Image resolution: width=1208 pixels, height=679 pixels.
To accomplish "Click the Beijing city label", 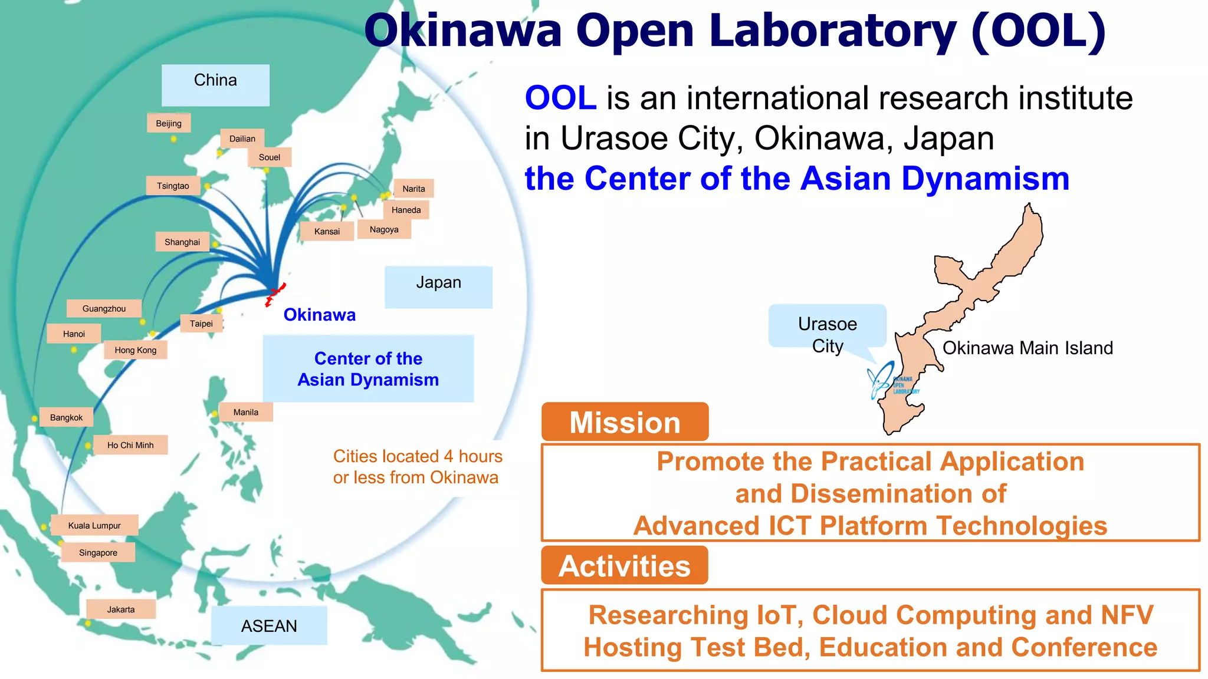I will pos(169,123).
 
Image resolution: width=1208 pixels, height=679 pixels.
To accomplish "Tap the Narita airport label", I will pos(413,189).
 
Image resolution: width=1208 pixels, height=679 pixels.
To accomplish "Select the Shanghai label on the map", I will pos(182,242).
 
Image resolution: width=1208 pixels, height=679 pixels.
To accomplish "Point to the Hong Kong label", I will pos(136,350).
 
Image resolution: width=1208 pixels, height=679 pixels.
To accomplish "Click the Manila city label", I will pos(245,412).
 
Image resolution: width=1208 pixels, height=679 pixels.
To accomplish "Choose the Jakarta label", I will pos(121,609).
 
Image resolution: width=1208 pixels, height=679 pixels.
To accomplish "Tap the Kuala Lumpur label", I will pos(94,525).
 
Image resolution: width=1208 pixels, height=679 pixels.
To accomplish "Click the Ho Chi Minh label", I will pos(130,445).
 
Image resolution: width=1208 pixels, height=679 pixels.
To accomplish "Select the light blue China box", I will pos(215,85).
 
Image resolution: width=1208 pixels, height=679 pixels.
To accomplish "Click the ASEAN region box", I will pos(269,625).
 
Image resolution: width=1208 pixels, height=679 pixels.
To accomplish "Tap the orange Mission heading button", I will pos(625,422).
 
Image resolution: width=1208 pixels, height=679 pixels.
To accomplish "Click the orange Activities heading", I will pos(625,566).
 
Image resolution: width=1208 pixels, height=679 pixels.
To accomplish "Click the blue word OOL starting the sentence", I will pos(560,98).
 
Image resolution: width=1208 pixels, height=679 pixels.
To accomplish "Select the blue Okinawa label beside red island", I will pos(319,315).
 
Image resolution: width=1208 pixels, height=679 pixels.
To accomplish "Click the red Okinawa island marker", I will pos(274,294).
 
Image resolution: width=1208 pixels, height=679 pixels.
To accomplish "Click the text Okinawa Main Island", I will pos(1028,348).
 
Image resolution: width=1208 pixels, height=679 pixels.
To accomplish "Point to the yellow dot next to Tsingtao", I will pos(208,186).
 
